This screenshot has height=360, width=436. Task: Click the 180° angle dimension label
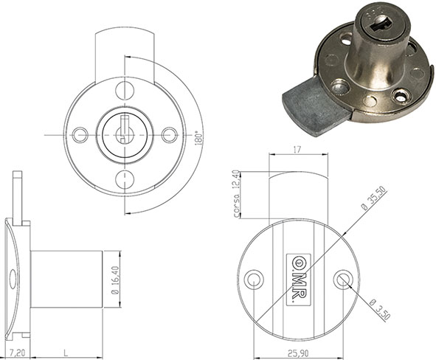(x=197, y=138)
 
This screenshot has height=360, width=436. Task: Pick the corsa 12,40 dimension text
(x=234, y=194)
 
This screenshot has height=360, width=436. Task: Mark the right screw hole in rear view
(x=342, y=279)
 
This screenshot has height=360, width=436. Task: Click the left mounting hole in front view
(x=81, y=134)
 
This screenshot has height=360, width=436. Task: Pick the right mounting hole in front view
(x=170, y=134)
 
